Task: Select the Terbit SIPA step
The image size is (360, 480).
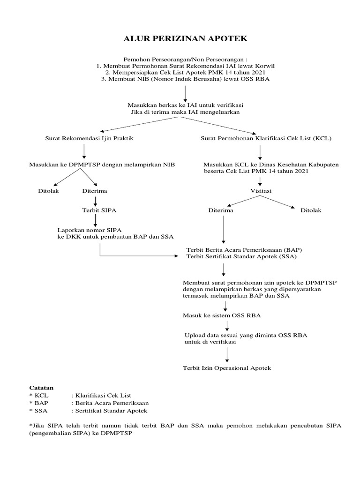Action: click(x=99, y=210)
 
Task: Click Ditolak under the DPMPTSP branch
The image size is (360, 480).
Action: click(x=48, y=191)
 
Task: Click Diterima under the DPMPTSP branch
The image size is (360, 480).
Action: click(x=95, y=191)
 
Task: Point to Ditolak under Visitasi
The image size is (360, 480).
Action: click(x=311, y=210)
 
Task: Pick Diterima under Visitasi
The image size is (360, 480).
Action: click(x=221, y=210)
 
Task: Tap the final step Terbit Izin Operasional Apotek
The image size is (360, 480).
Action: click(x=227, y=368)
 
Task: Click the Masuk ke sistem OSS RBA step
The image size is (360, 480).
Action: click(x=222, y=315)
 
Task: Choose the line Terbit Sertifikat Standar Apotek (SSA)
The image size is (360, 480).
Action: click(x=242, y=257)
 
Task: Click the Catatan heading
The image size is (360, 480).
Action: click(x=41, y=388)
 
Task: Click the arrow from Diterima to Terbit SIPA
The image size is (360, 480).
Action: click(x=96, y=201)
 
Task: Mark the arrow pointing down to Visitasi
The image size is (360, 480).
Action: click(x=260, y=181)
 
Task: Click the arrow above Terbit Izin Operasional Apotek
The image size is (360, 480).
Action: click(x=227, y=354)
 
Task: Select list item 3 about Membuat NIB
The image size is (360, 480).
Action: click(x=185, y=79)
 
